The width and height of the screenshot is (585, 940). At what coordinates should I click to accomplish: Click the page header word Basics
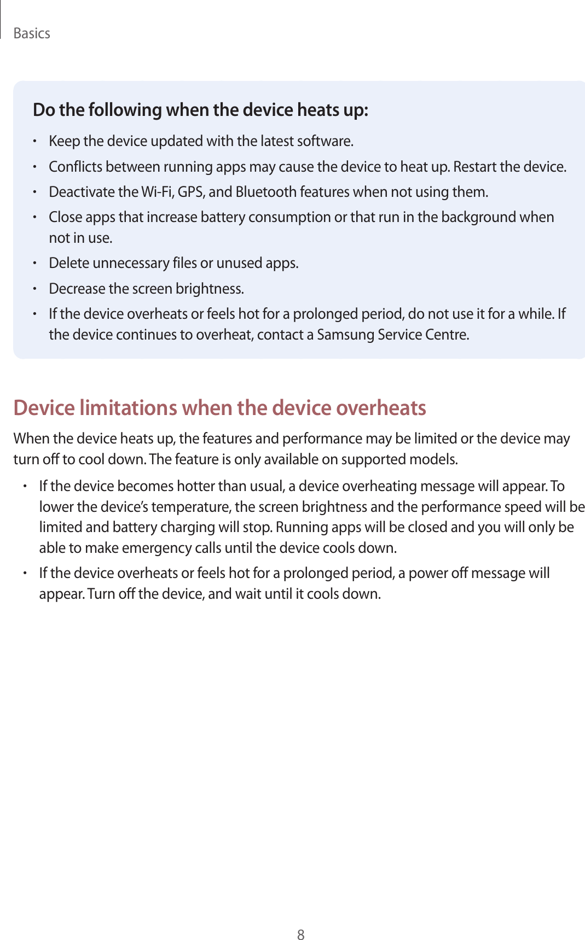[x=32, y=33]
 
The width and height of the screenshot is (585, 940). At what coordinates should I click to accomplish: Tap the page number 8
[x=300, y=935]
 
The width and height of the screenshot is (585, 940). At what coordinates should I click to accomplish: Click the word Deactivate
[x=82, y=192]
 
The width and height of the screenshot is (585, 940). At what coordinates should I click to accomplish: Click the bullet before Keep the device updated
[x=34, y=142]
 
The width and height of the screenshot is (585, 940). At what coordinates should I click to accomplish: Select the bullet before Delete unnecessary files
[x=34, y=264]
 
